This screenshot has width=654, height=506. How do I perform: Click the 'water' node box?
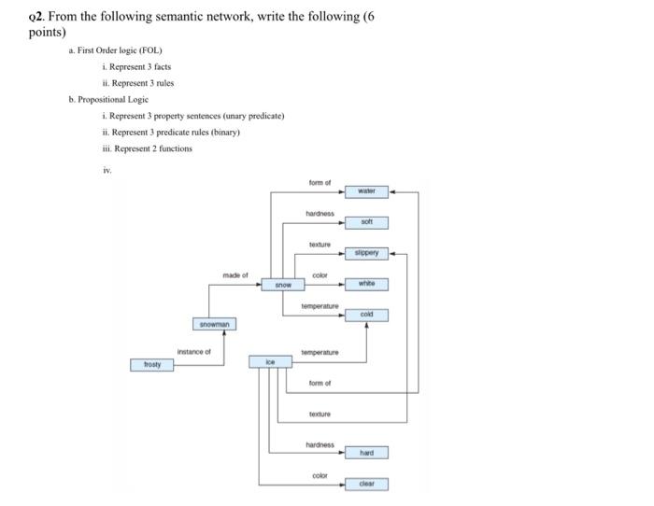coord(366,191)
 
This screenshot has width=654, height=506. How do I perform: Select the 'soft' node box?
coord(366,222)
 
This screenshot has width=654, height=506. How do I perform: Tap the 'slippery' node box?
coord(366,253)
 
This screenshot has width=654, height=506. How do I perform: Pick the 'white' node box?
coord(366,284)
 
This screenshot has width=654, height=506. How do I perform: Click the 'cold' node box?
coord(366,315)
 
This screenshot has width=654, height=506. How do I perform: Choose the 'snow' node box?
coord(282,284)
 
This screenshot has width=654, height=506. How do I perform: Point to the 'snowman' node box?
coord(215,324)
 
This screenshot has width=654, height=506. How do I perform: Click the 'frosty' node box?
coord(151,365)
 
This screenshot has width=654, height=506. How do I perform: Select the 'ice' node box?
coord(271,360)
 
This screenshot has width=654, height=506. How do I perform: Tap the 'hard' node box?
coord(366,453)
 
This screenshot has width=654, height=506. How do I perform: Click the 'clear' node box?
coord(366,484)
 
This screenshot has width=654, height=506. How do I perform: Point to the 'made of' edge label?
coord(235,275)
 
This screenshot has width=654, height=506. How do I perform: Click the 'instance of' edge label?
coord(194,352)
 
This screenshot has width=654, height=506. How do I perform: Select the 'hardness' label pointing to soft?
coord(320,214)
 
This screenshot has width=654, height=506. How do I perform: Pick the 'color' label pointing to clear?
coord(320,475)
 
